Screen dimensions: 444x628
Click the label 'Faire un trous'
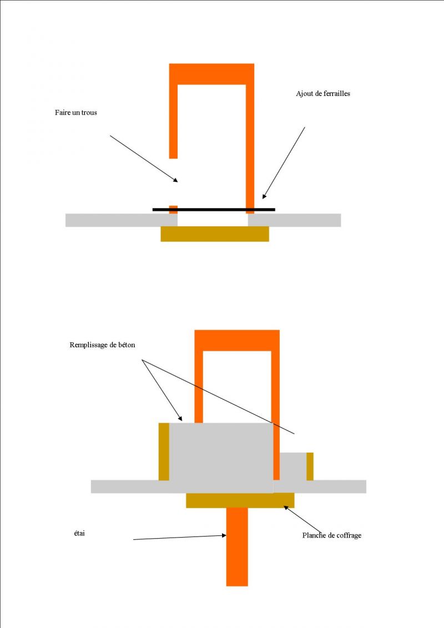click(x=75, y=113)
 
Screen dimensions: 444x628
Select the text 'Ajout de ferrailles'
click(x=323, y=94)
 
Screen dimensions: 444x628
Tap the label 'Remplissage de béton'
click(x=102, y=345)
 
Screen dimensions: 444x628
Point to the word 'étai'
click(x=79, y=534)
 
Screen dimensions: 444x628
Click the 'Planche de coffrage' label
click(x=332, y=535)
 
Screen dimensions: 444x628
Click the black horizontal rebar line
click(x=214, y=210)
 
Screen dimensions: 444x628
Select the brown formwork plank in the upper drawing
click(x=215, y=234)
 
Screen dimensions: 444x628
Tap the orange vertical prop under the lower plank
click(x=237, y=547)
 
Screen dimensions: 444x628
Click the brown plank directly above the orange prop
click(x=240, y=500)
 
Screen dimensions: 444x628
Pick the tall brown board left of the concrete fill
click(x=164, y=452)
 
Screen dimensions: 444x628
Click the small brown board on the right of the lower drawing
click(x=310, y=466)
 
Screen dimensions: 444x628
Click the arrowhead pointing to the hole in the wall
click(x=175, y=180)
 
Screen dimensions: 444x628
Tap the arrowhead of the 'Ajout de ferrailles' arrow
click(x=264, y=196)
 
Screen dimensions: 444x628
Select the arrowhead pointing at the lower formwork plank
click(x=286, y=508)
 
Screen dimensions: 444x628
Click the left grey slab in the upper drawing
click(x=122, y=220)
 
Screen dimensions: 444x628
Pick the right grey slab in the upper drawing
click(x=295, y=220)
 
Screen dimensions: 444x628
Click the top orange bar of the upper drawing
click(x=211, y=74)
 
